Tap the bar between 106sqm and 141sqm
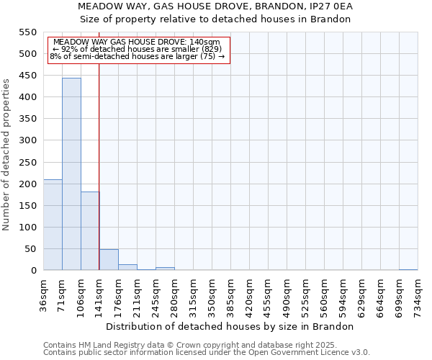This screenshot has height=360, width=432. tap(90, 231)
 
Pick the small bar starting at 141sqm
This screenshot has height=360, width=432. tap(109, 260)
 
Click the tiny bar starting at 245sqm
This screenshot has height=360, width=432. tap(165, 269)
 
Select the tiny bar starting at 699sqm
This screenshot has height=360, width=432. tap(408, 269)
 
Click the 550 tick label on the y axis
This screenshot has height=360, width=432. tap(27, 32)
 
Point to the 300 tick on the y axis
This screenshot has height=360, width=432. tap(27, 140)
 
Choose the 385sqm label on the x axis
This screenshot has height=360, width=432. tap(230, 294)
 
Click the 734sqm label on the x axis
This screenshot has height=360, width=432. tap(418, 294)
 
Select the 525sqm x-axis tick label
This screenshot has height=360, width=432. tap(305, 294)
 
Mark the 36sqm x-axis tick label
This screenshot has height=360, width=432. tap(43, 294)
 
